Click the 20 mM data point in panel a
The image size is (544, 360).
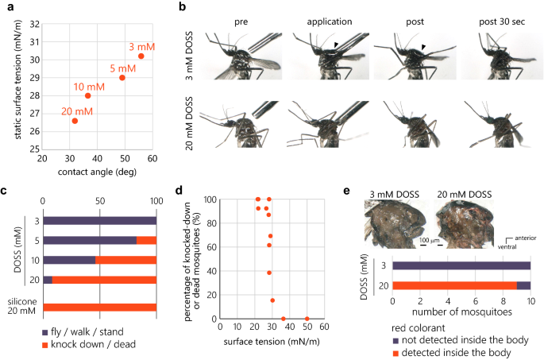click(75, 121)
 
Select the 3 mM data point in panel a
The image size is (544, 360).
click(141, 56)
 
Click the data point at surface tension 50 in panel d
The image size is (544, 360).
click(307, 319)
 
